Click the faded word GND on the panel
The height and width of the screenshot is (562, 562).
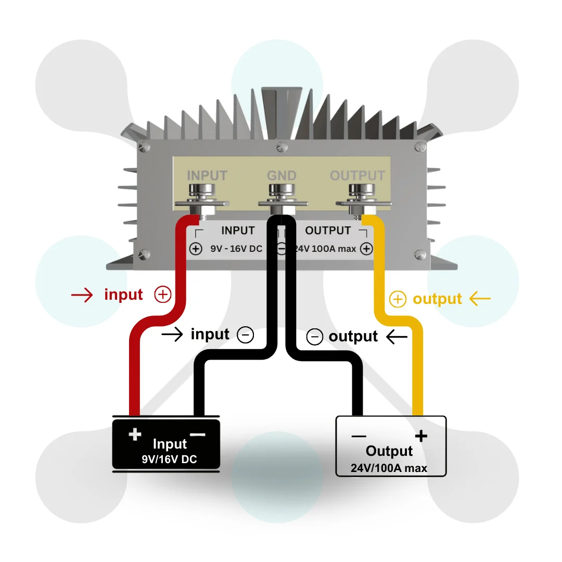282,175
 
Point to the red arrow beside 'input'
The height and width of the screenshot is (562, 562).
82,296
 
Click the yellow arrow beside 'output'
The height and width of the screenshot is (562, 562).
480,299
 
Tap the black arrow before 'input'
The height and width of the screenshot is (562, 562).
172,335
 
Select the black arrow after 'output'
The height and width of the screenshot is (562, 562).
397,337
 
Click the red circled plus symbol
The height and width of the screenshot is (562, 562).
163,295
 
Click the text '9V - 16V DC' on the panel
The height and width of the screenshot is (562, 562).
236,249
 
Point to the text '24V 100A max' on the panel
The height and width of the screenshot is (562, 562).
325,249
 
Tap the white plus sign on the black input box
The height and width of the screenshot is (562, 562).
135,434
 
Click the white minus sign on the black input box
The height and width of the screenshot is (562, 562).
197,435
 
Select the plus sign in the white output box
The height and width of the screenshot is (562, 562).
420,436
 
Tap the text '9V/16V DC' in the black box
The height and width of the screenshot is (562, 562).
169,459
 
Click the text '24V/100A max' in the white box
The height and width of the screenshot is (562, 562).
389,468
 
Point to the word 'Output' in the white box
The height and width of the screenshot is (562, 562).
389,451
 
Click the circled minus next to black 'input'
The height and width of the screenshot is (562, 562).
245,335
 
